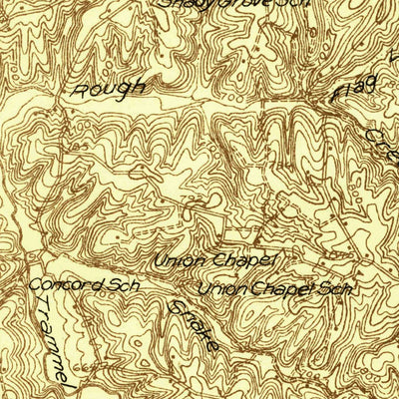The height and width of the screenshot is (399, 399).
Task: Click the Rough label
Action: pyautogui.click(x=108, y=88)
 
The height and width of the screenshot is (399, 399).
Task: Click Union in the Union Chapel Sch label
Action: pyautogui.click(x=218, y=289)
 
